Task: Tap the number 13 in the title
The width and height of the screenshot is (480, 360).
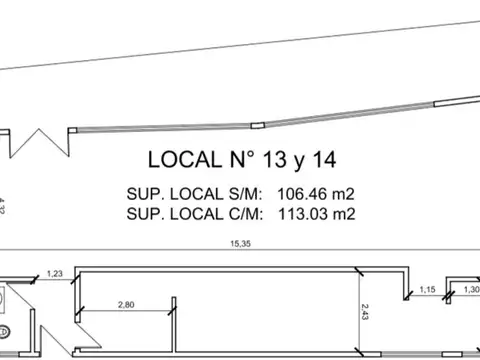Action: coord(275,159)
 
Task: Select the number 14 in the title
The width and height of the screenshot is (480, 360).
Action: coord(324,159)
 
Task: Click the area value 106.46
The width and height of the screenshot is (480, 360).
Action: coord(302,194)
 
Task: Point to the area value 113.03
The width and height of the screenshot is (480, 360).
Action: coord(303,214)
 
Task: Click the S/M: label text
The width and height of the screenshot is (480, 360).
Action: coord(245,194)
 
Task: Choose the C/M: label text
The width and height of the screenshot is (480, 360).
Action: coord(246,214)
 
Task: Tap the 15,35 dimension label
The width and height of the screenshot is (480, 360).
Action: coord(240,244)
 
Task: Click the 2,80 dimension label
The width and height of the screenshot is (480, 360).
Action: coord(126,305)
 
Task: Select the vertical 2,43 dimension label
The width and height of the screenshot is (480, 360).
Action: coord(365,312)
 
